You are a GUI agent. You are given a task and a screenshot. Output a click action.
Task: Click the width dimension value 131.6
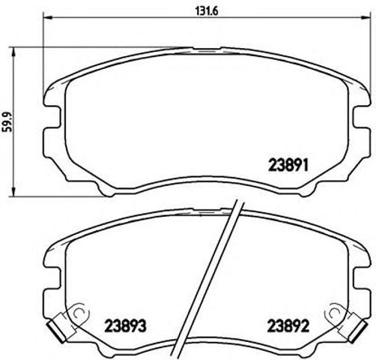pos(196,10)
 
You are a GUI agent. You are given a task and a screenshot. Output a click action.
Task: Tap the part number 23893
pos(120,327)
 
